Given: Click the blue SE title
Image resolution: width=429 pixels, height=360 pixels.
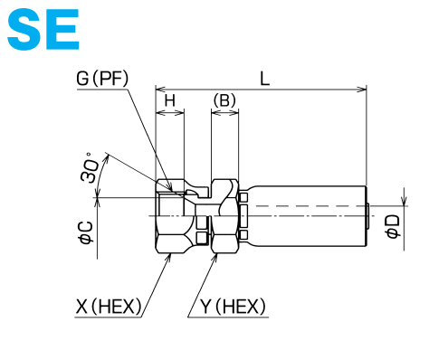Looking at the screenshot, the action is [43, 29].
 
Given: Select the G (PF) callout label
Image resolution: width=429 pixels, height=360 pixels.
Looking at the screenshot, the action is [102, 78].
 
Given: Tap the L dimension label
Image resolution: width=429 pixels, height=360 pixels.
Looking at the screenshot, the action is [264, 79].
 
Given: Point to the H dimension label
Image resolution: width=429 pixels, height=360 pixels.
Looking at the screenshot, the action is [170, 100].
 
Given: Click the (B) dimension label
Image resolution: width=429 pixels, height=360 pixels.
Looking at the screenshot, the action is [224, 100].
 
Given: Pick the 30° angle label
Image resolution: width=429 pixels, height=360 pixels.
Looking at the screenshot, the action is [90, 167].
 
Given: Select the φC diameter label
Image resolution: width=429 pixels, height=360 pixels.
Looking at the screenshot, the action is [86, 232].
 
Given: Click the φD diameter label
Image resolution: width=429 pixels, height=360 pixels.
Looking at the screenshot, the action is [393, 227].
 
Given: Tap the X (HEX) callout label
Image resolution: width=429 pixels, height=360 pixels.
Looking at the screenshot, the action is [109, 307].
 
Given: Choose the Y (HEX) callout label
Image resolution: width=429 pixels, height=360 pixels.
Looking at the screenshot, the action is [233, 307].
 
